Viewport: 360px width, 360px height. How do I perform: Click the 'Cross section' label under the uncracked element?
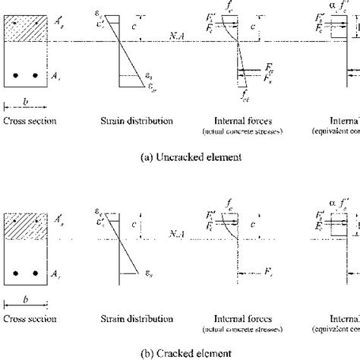(26, 121)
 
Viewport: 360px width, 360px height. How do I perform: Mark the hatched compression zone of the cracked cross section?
(26, 223)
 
